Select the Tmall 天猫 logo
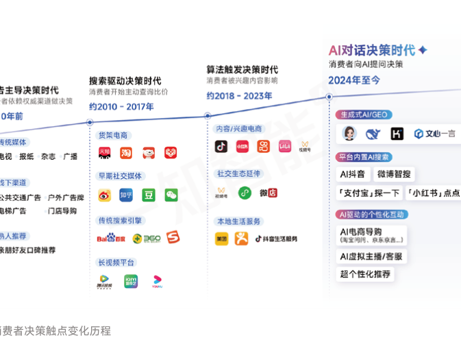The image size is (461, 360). (x=104, y=153)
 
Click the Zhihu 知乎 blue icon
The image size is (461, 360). (x=126, y=195)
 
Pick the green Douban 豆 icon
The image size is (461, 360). (x=148, y=195)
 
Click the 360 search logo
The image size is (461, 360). (x=147, y=238)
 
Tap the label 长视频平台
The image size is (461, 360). (x=116, y=262)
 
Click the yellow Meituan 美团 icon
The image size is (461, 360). (x=221, y=239)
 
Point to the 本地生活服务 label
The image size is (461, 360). (x=238, y=221)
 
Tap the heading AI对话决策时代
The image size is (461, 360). (x=372, y=49)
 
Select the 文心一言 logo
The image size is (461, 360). (x=435, y=134)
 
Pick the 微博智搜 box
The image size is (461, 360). (x=394, y=174)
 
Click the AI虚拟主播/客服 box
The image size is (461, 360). (x=371, y=256)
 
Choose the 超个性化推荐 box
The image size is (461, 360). (x=365, y=274)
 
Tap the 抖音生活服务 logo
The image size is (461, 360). (x=276, y=239)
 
